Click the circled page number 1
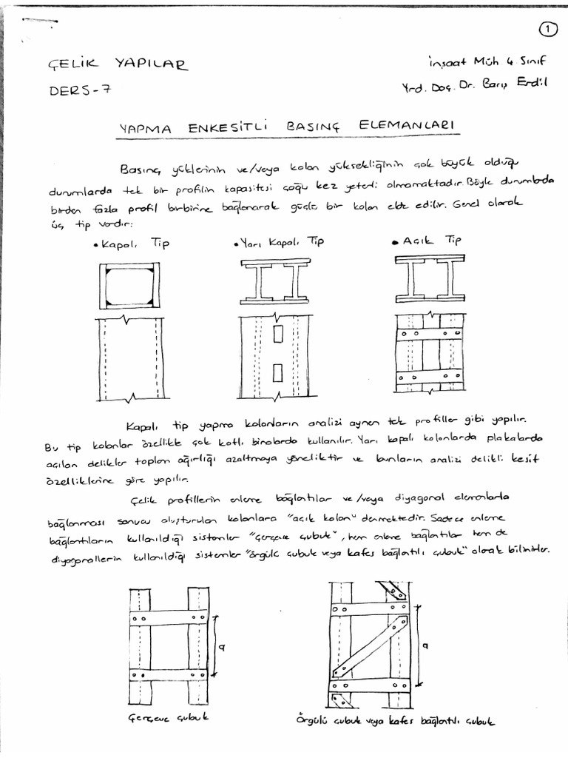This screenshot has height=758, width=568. coord(547,29)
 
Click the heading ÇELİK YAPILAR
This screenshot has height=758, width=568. coord(118,64)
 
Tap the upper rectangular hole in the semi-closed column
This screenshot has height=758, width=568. coord(278,335)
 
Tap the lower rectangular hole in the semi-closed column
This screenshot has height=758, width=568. coord(278,371)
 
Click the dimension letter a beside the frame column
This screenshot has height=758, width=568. coord(222,646)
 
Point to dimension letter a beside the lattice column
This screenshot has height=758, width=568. coord(425,645)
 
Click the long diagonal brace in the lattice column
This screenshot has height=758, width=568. coord(370,646)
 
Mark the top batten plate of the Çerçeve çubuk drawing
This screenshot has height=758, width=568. coord(169,617)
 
